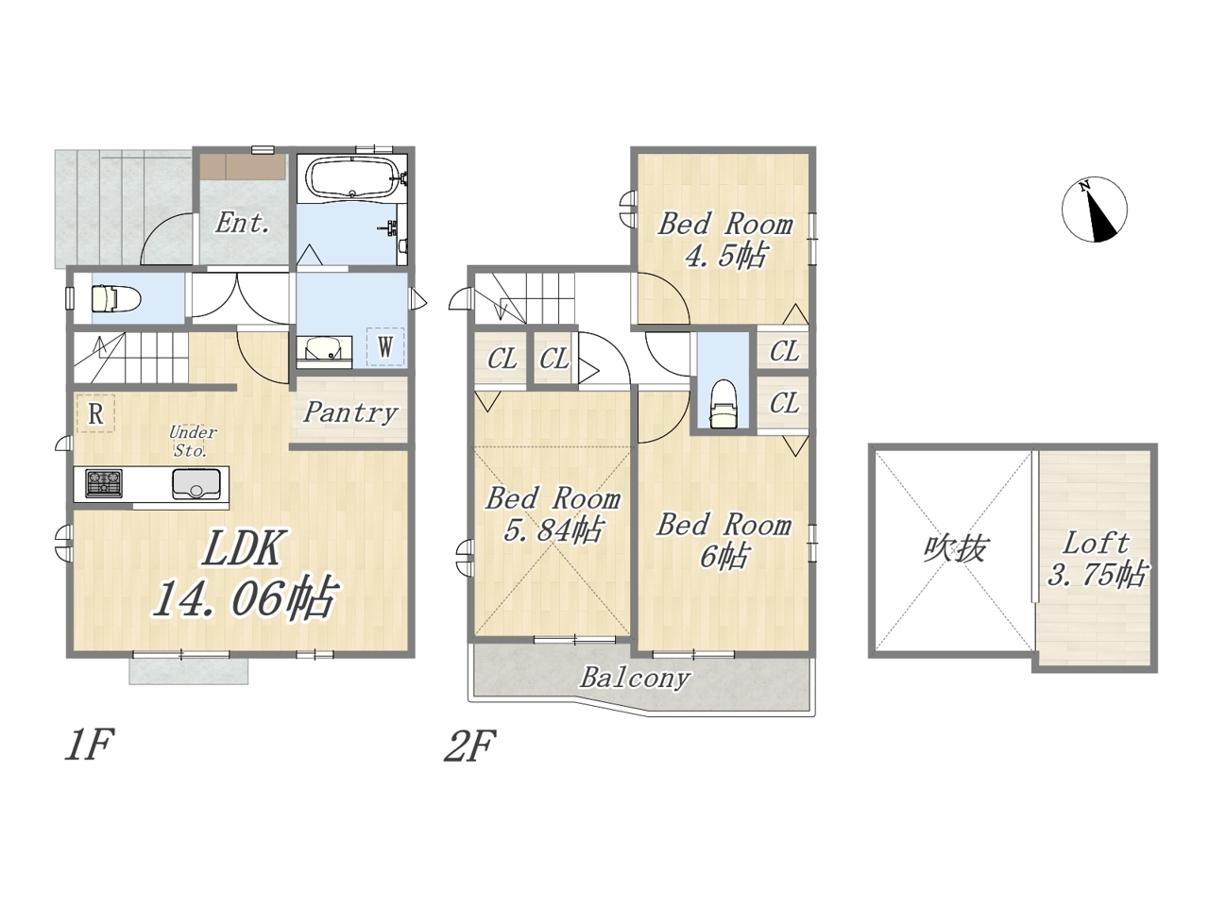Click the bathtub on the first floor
350,176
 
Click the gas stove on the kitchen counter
104,482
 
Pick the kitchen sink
196,483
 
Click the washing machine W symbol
385,346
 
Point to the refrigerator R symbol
95,413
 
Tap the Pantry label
350,412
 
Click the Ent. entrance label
242,223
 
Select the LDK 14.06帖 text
244,573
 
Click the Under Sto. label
192,441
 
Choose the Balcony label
635,678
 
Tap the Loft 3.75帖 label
1096,560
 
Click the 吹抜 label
953,548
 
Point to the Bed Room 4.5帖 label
724,240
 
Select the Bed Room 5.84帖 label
553,514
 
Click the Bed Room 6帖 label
724,540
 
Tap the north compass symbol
1094,210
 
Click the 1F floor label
89,745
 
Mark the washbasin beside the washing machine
324,351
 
